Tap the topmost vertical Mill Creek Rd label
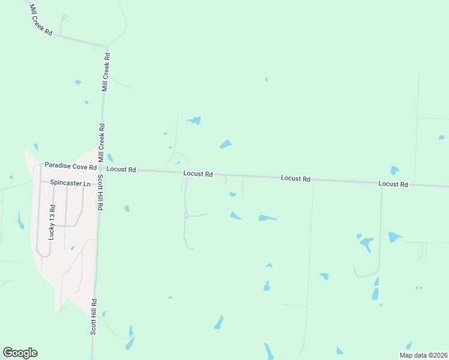(106, 72)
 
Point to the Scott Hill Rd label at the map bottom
(94, 316)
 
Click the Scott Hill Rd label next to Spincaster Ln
(101, 190)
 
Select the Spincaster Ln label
(70, 182)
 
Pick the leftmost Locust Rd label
(123, 170)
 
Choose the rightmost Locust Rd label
(393, 184)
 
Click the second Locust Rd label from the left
(198, 174)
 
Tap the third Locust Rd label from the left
(296, 179)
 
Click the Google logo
(20, 353)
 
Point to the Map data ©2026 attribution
(423, 355)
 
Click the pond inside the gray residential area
(73, 247)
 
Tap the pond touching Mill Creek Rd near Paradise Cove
(110, 157)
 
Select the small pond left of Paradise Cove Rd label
(36, 147)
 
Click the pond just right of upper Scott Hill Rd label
(127, 208)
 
